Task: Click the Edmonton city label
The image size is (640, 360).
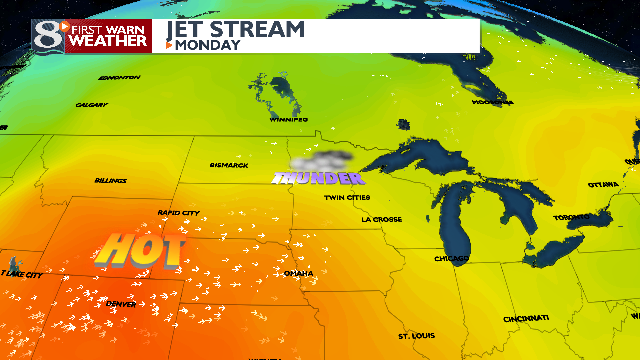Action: tap(121, 77)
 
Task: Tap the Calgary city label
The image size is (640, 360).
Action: tap(91, 104)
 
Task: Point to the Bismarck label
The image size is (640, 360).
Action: tap(229, 165)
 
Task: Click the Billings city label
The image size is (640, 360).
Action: tap(111, 181)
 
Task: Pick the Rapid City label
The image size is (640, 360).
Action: tap(179, 212)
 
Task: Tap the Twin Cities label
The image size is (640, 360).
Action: tap(347, 197)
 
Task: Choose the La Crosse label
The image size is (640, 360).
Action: tap(381, 219)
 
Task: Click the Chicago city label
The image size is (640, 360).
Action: tap(452, 258)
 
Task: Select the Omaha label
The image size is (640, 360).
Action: tap(298, 273)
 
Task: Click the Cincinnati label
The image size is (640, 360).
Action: tap(525, 318)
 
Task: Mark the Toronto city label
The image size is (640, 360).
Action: tap(573, 217)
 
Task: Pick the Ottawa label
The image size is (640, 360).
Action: tap(603, 184)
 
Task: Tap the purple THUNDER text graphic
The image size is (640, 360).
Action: tap(318, 178)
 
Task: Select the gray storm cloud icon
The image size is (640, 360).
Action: tap(321, 158)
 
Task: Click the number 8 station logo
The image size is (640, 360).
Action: tap(43, 35)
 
